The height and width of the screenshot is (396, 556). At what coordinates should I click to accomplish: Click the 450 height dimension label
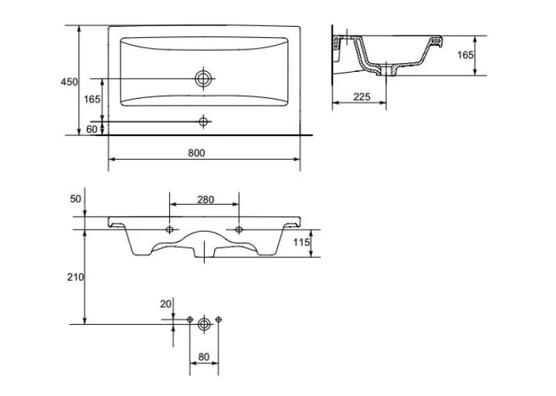69,82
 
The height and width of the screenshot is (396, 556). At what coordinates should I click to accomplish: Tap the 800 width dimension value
197,153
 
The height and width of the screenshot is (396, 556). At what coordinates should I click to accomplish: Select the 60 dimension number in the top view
91,129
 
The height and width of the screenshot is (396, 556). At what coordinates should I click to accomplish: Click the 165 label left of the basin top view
92,100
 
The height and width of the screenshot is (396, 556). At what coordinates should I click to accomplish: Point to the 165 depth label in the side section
465,55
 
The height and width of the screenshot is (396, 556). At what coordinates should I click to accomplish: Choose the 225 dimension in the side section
361,97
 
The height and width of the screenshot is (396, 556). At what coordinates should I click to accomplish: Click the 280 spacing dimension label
205,200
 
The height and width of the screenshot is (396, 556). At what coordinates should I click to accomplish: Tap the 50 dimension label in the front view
75,199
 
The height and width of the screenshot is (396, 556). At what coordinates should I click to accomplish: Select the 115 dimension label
301,243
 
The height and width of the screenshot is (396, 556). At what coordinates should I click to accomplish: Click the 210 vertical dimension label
75,277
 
